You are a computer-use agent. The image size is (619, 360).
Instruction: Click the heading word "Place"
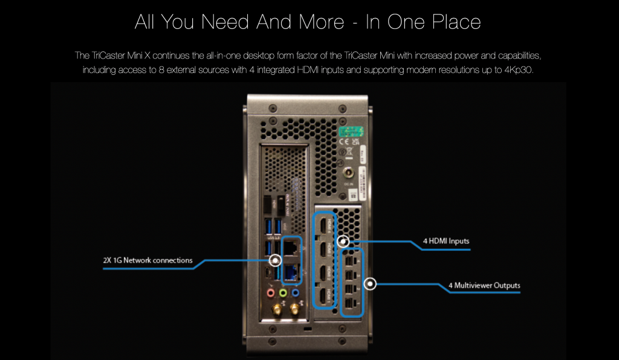[448, 22]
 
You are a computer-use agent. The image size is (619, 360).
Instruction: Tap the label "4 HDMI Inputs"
[446, 242]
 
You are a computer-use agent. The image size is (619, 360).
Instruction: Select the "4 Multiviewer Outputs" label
[484, 285]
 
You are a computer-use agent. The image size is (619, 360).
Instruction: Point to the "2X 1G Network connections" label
[148, 261]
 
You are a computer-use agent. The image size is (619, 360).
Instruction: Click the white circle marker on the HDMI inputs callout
[343, 242]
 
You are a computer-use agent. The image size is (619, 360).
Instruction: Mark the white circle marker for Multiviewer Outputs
[370, 283]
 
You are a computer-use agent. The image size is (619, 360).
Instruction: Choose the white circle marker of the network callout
[275, 261]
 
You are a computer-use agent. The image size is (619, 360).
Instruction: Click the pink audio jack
[270, 293]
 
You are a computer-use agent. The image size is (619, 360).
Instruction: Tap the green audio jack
[283, 293]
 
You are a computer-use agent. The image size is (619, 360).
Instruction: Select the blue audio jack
[296, 293]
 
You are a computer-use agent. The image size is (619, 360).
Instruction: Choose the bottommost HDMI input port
[325, 295]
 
